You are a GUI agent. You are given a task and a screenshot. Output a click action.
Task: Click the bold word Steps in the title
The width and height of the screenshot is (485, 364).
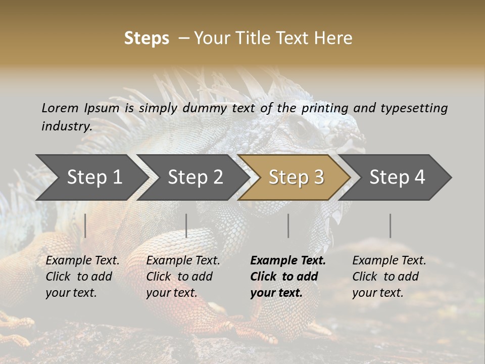[147, 38]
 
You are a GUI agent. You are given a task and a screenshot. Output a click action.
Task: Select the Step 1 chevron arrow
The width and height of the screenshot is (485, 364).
[91, 177]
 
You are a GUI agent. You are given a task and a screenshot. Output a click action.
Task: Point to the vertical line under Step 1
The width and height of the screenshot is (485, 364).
[85, 225]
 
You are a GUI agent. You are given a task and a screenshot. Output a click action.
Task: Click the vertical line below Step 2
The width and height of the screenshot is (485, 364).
[186, 225]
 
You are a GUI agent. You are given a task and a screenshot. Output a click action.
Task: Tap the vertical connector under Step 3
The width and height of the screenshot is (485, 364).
[288, 225]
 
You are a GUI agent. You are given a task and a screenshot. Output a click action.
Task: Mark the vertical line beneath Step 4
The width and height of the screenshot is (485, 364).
[391, 225]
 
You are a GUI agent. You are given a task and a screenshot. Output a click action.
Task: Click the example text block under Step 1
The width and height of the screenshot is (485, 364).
[82, 277]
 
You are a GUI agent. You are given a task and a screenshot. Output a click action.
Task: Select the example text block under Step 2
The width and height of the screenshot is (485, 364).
[183, 277]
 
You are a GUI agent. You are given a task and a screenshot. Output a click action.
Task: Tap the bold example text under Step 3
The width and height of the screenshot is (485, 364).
[288, 277]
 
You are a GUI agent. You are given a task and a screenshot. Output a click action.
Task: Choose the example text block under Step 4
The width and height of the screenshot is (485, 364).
[389, 277]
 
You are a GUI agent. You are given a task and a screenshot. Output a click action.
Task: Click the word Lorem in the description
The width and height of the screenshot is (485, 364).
[60, 108]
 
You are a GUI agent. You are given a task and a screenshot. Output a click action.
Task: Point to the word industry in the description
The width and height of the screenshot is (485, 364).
[66, 126]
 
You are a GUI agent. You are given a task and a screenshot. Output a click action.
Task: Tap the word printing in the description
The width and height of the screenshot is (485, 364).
[324, 108]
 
